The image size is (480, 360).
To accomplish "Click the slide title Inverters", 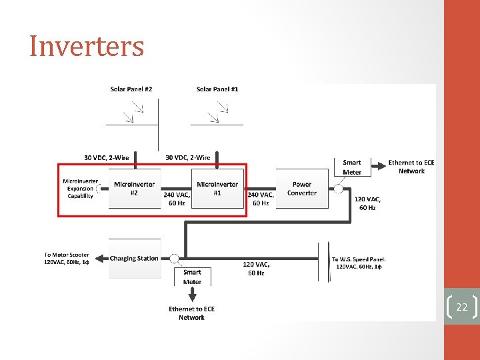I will (x=87, y=47).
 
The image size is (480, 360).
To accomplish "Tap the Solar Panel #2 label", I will (x=131, y=89).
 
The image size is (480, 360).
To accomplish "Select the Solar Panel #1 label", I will (x=217, y=89).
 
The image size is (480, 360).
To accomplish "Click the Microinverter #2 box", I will (x=134, y=189).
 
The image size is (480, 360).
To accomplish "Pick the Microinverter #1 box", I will (x=217, y=189).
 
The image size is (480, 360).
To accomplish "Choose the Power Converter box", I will (x=302, y=189).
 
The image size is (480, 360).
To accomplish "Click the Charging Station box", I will (x=134, y=258).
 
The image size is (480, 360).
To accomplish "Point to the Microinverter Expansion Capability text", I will (x=80, y=189).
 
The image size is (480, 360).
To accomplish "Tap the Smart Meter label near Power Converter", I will (x=352, y=167).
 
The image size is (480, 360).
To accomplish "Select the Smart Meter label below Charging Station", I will (x=192, y=277).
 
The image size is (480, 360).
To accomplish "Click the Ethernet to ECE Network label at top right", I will (x=411, y=167).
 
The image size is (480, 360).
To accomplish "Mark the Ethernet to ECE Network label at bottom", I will (x=191, y=313).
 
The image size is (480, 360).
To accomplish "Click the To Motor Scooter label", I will (x=67, y=259).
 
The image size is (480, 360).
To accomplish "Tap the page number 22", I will (x=461, y=307).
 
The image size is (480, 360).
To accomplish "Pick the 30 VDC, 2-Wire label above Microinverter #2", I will (x=107, y=158).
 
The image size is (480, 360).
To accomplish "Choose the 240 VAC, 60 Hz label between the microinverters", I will (x=177, y=199).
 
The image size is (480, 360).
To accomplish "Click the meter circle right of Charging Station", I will (x=174, y=258).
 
